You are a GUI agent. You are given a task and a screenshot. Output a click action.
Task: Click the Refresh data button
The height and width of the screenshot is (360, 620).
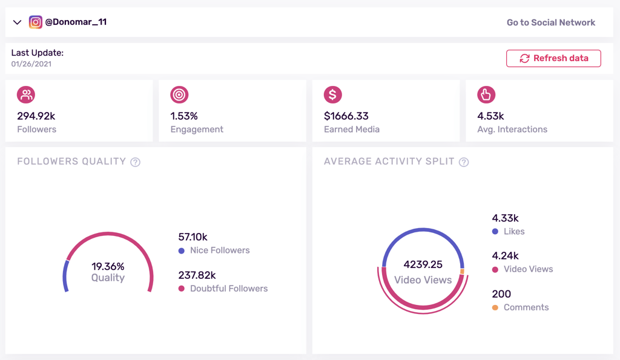coord(553,58)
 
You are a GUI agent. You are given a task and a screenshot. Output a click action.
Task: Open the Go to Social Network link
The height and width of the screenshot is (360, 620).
coord(550,22)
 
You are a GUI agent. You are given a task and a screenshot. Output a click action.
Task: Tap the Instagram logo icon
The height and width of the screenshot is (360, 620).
coord(36,22)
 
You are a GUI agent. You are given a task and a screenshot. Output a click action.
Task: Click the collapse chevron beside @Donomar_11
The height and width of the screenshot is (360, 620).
coord(17,22)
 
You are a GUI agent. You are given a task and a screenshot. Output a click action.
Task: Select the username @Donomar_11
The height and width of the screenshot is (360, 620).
coord(76,22)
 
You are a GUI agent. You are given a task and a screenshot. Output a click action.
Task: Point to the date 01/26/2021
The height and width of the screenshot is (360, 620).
coord(31,64)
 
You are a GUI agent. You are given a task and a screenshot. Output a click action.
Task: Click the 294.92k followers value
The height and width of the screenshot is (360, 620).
coord(36,116)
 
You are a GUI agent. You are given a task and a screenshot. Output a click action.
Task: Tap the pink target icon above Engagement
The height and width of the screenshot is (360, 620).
coord(179,94)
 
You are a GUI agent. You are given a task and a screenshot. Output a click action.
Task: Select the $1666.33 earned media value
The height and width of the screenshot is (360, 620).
coord(346,116)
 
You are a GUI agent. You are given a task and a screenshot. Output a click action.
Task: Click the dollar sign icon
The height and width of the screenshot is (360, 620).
coord(332,94)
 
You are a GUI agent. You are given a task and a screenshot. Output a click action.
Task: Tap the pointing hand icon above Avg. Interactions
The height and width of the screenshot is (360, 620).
coord(486,94)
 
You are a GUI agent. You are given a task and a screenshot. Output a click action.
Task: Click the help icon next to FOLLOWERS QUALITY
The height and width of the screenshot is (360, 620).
coord(136,162)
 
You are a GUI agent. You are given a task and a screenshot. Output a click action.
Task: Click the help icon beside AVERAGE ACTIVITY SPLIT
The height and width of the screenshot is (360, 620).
coord(464,162)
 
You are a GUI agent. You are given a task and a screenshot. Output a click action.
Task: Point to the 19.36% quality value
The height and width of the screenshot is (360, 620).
coord(108,266)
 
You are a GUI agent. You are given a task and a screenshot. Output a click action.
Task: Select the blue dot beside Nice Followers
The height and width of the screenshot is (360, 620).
coord(182,250)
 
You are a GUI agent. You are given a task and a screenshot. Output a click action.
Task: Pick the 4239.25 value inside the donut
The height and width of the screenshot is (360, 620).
coord(423,264)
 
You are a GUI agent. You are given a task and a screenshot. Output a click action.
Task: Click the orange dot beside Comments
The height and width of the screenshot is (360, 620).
coord(495,307)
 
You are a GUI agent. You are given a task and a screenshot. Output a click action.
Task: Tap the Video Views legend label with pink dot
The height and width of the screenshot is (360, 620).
coord(528,269)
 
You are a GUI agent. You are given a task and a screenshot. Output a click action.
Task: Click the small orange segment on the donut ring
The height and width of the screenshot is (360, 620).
coord(463,272)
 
